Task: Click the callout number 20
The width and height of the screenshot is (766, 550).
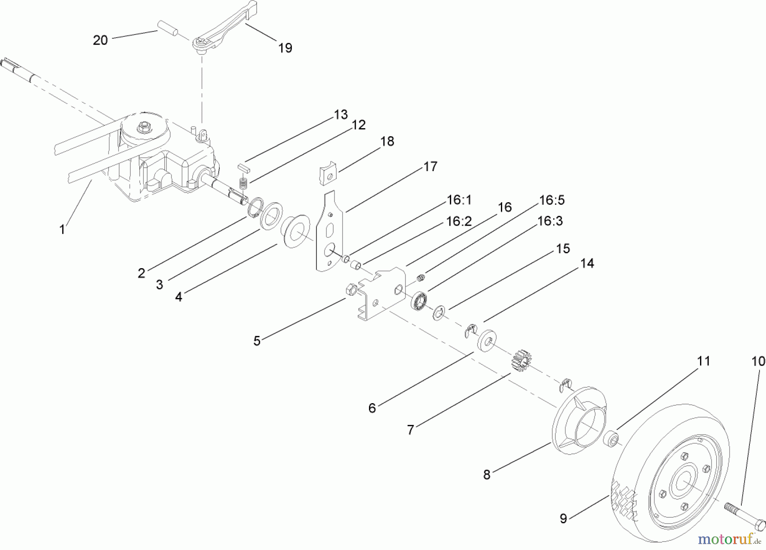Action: [x=100, y=40]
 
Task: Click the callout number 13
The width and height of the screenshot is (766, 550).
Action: [x=341, y=115]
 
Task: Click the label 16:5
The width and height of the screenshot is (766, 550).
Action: [x=552, y=200]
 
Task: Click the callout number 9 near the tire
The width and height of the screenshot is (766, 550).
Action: [x=563, y=519]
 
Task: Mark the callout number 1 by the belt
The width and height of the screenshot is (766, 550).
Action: [x=62, y=229]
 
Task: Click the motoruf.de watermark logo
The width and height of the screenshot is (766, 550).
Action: [x=729, y=539]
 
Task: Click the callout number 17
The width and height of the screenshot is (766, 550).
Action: [x=430, y=166]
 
